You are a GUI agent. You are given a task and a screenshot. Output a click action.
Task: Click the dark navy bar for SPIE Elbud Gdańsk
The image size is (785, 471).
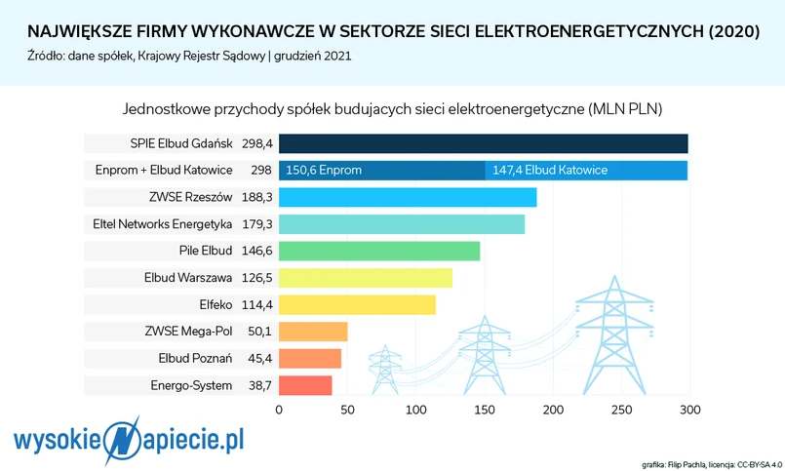pos(484,143)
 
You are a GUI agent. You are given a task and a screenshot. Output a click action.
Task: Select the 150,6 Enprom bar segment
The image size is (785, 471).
pos(382,171)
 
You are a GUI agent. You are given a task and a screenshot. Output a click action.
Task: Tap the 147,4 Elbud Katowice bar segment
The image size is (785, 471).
pos(586,171)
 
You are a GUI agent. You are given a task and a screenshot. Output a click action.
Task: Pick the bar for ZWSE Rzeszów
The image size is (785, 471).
pos(408,197)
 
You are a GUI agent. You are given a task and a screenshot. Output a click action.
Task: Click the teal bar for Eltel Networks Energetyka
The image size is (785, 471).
pos(402,224)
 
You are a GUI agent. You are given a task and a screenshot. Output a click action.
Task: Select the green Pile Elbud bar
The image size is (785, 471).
pos(379,251)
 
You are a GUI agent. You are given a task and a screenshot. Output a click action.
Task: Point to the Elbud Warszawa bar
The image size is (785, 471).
pos(366,278)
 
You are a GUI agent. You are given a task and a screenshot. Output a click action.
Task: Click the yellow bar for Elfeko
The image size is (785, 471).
pos(357,304)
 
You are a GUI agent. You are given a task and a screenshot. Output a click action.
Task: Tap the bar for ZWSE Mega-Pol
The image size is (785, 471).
pos(313,332)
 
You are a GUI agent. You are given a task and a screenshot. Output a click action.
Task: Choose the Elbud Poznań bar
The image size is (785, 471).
pos(310,358)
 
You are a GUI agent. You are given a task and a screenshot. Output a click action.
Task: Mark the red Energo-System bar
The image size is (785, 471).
pos(305,385)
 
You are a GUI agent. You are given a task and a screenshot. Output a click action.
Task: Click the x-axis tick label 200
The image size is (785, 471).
pos(553,410)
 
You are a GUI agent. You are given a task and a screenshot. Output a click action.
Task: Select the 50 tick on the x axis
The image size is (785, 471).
pos(347,410)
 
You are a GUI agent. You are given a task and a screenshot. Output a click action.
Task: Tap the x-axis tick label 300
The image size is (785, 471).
pos(689,410)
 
